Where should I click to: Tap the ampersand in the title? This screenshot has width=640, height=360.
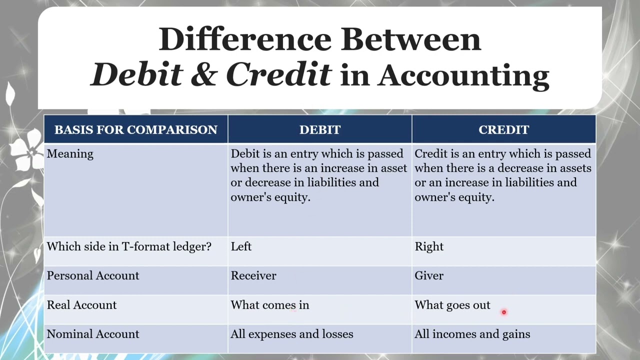[x=203, y=75]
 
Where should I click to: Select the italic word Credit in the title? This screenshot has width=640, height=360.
[x=278, y=75]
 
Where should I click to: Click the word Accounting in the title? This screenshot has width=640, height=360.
[x=463, y=76]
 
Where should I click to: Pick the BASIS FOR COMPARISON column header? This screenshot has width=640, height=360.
[x=136, y=129]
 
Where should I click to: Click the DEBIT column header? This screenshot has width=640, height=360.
[x=320, y=129]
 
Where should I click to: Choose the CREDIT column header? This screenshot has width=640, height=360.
[x=503, y=129]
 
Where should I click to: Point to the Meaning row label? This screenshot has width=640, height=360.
[x=70, y=154]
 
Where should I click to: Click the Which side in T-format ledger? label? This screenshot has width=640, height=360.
[x=129, y=246]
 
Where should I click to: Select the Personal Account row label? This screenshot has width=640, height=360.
[x=93, y=275]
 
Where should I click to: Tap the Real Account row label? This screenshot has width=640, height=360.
[x=81, y=305]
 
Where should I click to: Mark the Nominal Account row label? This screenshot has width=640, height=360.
[x=93, y=334]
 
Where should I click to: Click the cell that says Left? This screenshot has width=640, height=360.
[x=241, y=246]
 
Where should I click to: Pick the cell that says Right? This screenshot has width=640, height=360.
[x=429, y=246]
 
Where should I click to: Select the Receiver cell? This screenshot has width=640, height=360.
[x=253, y=275]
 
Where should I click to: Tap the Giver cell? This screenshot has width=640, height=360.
[x=429, y=275]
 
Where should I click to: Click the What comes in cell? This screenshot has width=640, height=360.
[x=270, y=305]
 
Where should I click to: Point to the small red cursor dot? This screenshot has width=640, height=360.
[x=504, y=312]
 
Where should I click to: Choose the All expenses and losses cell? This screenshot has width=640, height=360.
[x=292, y=334]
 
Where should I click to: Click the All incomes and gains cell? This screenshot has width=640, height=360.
[x=472, y=334]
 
